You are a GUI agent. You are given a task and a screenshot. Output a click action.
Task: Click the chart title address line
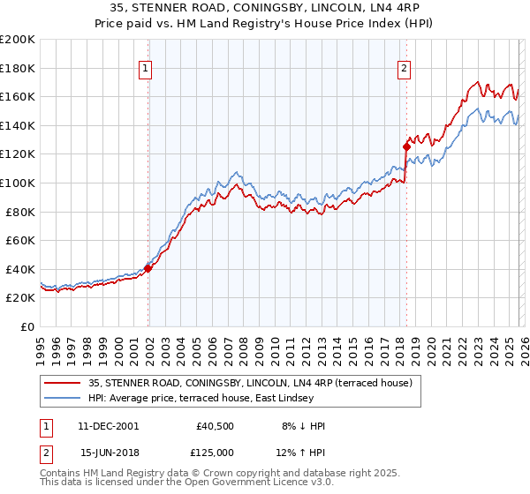(265, 8)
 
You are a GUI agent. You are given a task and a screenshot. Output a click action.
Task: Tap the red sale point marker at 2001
(148, 268)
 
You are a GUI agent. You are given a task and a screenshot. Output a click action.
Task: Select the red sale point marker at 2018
(406, 146)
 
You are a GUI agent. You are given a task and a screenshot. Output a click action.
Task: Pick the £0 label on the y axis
(26, 326)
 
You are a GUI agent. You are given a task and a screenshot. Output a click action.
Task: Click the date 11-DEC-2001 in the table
(108, 426)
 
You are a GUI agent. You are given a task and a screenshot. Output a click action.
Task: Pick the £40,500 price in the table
(215, 426)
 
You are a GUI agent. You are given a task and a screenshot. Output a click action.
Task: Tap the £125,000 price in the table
(215, 453)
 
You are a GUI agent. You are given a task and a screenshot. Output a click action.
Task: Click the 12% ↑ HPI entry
(303, 453)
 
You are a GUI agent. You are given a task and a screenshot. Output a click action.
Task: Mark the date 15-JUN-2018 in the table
(108, 453)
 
